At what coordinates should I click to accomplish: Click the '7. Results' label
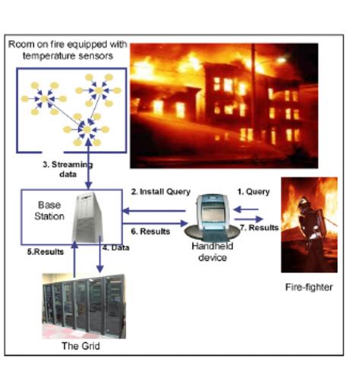pos(261,228)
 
